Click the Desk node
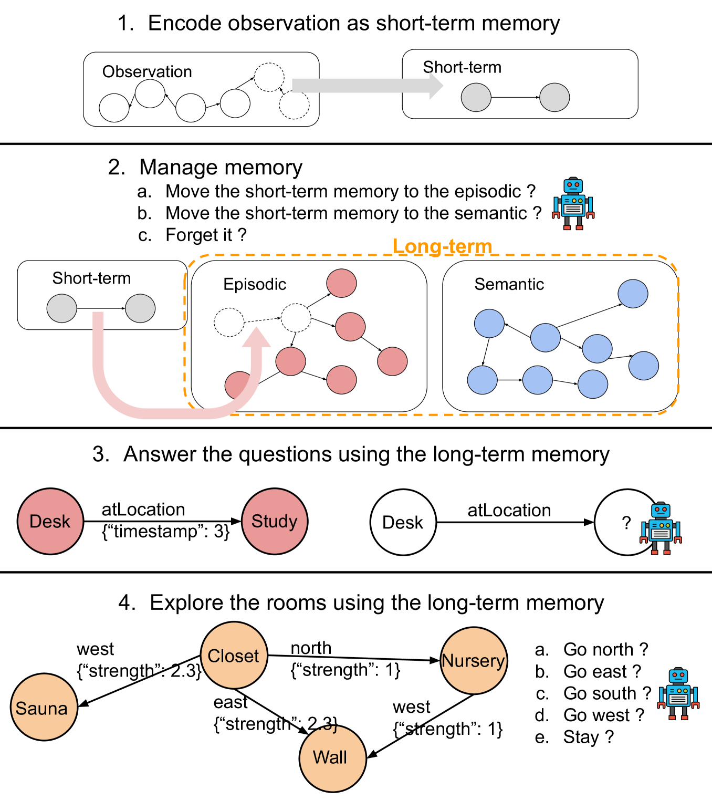coord(50,521)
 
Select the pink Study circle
coord(275,521)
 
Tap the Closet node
coord(234,655)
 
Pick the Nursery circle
coord(474,660)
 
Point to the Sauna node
coord(44,707)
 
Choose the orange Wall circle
coord(332,758)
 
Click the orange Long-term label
coord(442,246)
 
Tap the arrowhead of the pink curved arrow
coord(256,337)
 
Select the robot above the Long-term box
coord(573,203)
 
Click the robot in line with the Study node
coord(661,528)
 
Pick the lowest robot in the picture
coord(678,693)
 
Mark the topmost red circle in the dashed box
coord(341,283)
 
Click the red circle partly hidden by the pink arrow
coord(238,385)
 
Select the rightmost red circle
coord(392,361)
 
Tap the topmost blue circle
coord(633,294)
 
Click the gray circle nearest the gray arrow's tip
coord(476,97)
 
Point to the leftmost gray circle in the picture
coord(62,308)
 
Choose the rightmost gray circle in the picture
coord(554,97)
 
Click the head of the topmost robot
coord(573,185)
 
